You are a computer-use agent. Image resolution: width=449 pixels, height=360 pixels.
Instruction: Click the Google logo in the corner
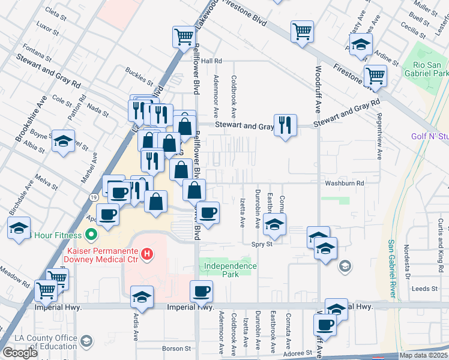20,353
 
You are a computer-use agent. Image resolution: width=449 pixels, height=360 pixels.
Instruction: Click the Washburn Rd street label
345,183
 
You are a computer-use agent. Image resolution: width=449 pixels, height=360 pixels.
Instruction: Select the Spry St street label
262,244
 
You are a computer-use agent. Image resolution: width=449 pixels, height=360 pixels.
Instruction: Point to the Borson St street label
176,348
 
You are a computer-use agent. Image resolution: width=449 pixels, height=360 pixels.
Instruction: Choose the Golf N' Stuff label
430,136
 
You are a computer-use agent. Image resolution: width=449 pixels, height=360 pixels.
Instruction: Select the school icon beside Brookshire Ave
63,142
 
